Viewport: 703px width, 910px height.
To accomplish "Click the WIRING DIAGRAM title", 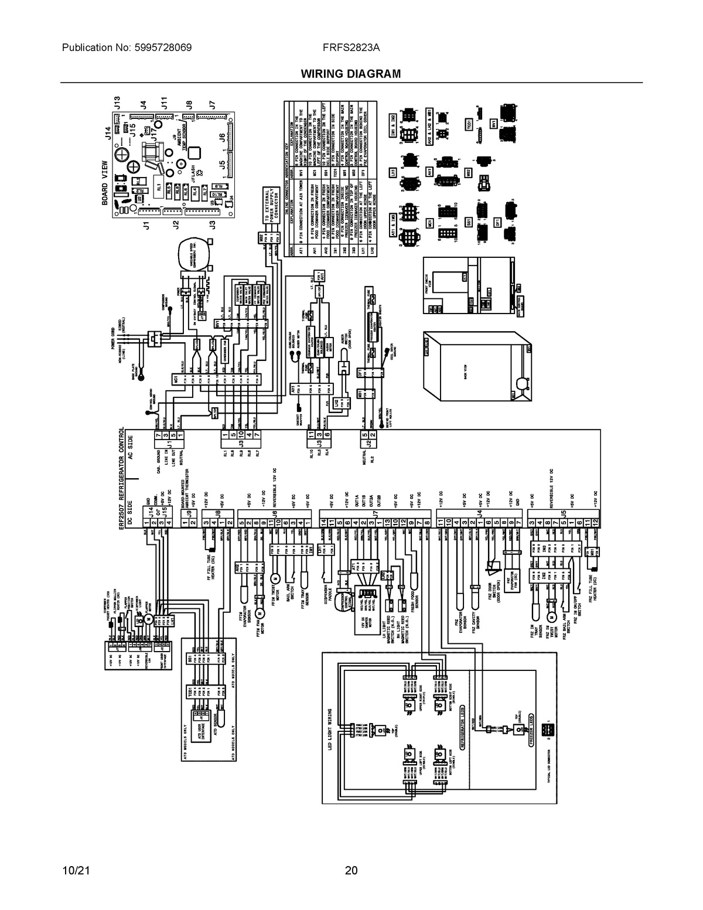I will coord(351,74).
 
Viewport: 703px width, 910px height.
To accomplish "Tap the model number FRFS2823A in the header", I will coord(351,47).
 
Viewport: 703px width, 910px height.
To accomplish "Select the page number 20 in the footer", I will coord(351,870).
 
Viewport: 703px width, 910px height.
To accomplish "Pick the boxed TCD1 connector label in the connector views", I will coord(469,124).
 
